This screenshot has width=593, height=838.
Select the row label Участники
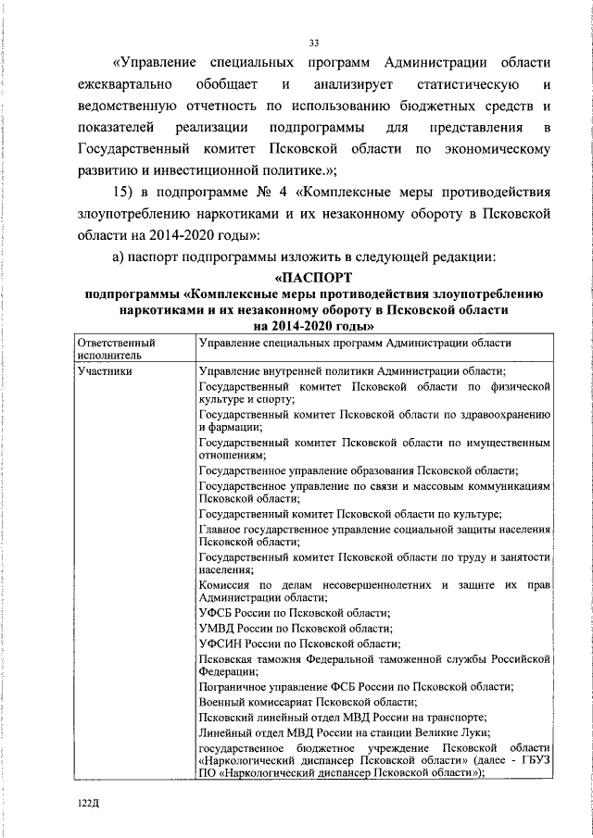[105, 371]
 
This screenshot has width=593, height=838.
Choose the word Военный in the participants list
[223, 702]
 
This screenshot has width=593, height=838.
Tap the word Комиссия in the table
[226, 585]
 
